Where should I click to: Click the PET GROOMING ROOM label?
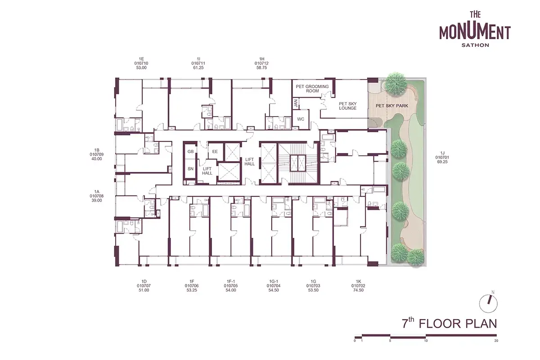click(x=312, y=89)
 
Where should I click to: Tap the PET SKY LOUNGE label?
click(x=347, y=106)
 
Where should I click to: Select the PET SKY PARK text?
click(x=392, y=106)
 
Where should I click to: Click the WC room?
click(x=301, y=119)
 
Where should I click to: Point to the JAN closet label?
click(x=296, y=103)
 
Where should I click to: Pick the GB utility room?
click(x=190, y=152)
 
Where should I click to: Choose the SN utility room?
click(x=190, y=169)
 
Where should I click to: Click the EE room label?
click(x=215, y=152)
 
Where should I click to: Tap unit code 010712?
click(x=261, y=63)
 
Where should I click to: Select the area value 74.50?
click(x=358, y=290)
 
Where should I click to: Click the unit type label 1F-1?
click(x=231, y=281)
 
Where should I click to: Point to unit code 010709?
click(x=96, y=154)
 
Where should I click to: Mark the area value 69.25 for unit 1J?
click(x=442, y=162)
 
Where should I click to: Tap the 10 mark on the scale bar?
click(x=426, y=341)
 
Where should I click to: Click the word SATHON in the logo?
click(x=475, y=45)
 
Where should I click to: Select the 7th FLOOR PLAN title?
click(x=450, y=324)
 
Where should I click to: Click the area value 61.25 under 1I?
click(x=198, y=68)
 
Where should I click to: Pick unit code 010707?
click(x=144, y=286)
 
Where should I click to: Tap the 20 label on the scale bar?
click(x=496, y=341)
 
